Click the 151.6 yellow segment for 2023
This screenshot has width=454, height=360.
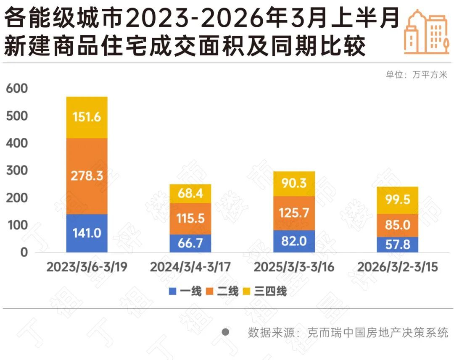pyautogui.click(x=87, y=117)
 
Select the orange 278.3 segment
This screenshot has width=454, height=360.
pyautogui.click(x=87, y=176)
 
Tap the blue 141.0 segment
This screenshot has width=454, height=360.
pyautogui.click(x=87, y=233)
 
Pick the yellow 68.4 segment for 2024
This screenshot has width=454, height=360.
pyautogui.click(x=190, y=194)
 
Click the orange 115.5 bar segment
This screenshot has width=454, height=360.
pyautogui.click(x=190, y=218)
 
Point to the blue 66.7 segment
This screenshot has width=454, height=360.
pyautogui.click(x=190, y=243)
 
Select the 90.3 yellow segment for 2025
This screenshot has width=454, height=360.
pyautogui.click(x=294, y=184)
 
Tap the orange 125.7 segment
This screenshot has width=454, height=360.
pyautogui.click(x=294, y=213)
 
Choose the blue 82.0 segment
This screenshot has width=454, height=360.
pyautogui.click(x=294, y=241)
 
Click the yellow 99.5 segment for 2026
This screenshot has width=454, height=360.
pyautogui.click(x=397, y=200)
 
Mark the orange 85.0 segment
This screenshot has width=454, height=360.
pyautogui.click(x=397, y=225)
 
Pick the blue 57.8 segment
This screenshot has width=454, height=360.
pyautogui.click(x=397, y=244)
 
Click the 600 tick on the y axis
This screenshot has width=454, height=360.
pyautogui.click(x=17, y=89)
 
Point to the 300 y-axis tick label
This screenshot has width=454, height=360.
pyautogui.click(x=17, y=171)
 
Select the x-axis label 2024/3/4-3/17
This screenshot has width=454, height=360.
pyautogui.click(x=190, y=268)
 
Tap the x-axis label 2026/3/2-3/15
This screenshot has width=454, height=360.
pyautogui.click(x=397, y=268)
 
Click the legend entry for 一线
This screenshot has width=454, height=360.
pyautogui.click(x=185, y=291)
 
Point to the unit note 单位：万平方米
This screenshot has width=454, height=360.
pyautogui.click(x=417, y=75)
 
